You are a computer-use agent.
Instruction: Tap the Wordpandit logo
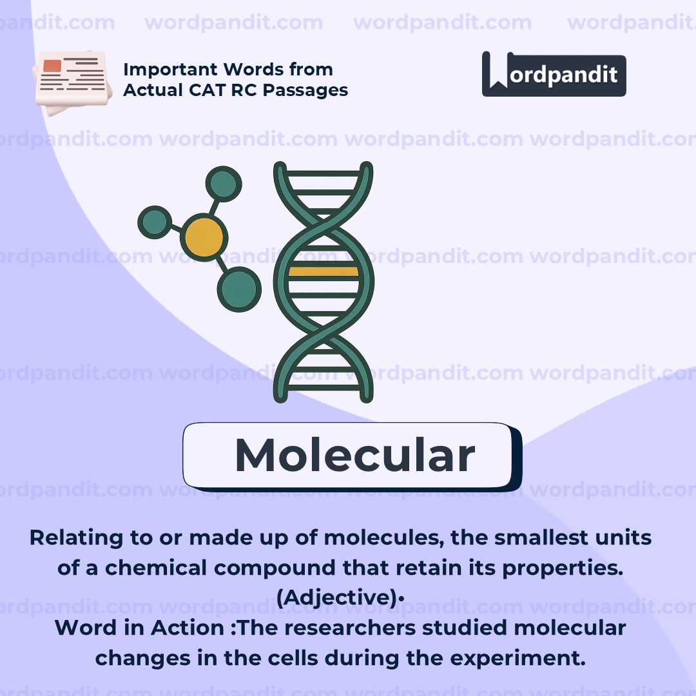click(554, 75)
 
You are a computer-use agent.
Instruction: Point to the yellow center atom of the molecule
click(204, 238)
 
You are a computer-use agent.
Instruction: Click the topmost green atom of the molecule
click(223, 184)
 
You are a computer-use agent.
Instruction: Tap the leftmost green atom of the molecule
click(155, 222)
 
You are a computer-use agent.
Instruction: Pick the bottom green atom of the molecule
click(238, 289)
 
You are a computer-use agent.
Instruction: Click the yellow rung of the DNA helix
click(323, 271)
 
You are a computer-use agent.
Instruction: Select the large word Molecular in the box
click(354, 456)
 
